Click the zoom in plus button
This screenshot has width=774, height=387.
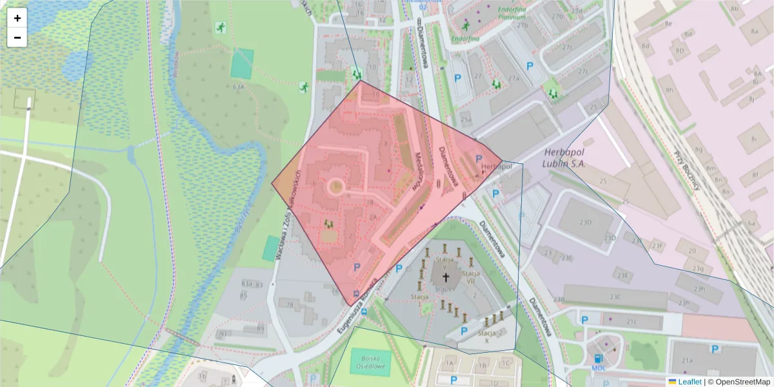[x=17, y=18]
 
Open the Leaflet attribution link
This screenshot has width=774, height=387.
[x=689, y=382]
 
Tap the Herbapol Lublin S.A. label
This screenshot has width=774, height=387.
[x=564, y=158]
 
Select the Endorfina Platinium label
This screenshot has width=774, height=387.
[x=513, y=14]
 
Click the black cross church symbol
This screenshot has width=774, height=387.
[x=445, y=277]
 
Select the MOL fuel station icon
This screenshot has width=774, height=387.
[x=598, y=359]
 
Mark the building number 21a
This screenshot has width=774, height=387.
[x=688, y=361]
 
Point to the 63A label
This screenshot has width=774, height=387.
[x=239, y=86]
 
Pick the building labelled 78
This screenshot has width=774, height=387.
[x=290, y=304]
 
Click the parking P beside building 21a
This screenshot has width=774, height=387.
[x=715, y=349]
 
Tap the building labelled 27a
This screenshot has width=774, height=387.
[x=513, y=79]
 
